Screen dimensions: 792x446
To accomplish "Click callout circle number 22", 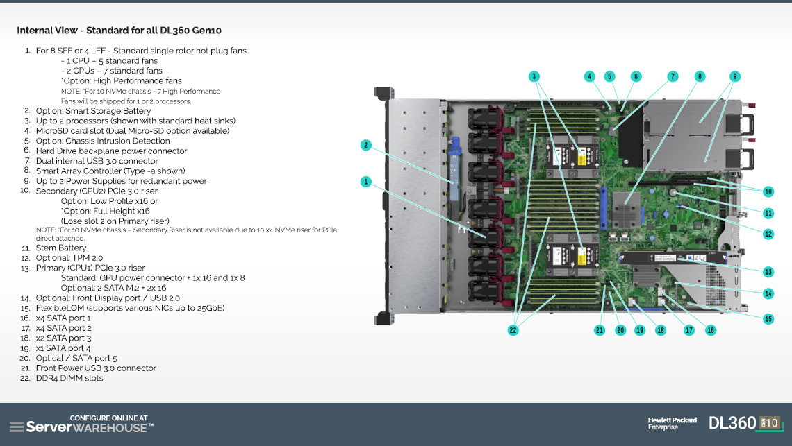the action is [x=513, y=330].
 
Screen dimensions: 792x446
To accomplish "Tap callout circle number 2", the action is [x=366, y=145].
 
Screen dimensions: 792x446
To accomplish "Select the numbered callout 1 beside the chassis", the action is [x=366, y=182].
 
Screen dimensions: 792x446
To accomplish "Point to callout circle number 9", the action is [x=735, y=76].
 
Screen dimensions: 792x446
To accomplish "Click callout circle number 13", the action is [x=768, y=272].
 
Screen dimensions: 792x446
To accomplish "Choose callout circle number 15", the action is [x=768, y=319].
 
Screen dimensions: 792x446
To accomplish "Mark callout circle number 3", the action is [x=534, y=76].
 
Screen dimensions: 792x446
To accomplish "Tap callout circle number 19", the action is [x=640, y=330].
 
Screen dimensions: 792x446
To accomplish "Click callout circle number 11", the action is [x=768, y=214].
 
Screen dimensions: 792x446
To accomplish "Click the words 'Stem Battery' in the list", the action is [x=61, y=248].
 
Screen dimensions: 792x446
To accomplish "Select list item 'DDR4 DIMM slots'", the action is [x=69, y=378].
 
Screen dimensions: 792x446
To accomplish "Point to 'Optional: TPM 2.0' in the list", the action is [x=69, y=258].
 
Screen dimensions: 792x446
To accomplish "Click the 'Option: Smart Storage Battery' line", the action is [x=94, y=111].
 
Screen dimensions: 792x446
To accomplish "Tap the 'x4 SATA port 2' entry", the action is [x=64, y=328].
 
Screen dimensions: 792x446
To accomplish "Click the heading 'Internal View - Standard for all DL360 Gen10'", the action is [x=119, y=31].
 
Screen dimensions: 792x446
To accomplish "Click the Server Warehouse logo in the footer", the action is [x=81, y=424].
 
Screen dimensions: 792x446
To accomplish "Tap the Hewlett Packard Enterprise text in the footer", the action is [x=673, y=423].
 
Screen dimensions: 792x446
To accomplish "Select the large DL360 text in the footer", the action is [x=732, y=423].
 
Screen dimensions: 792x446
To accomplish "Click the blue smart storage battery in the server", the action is [x=454, y=169].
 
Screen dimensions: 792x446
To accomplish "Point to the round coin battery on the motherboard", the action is [x=673, y=191].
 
